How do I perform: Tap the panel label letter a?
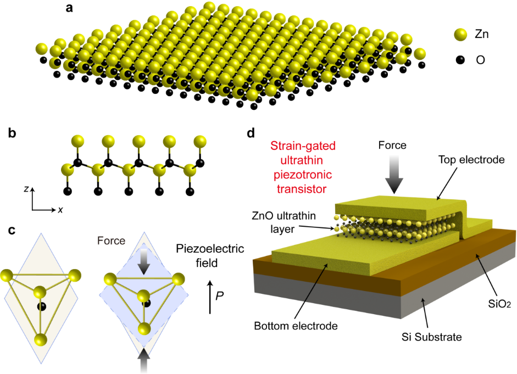point(69,9)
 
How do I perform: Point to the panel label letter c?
point(12,231)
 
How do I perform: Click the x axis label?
point(59,210)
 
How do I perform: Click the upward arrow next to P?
point(210,297)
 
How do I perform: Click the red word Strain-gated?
point(303,147)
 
